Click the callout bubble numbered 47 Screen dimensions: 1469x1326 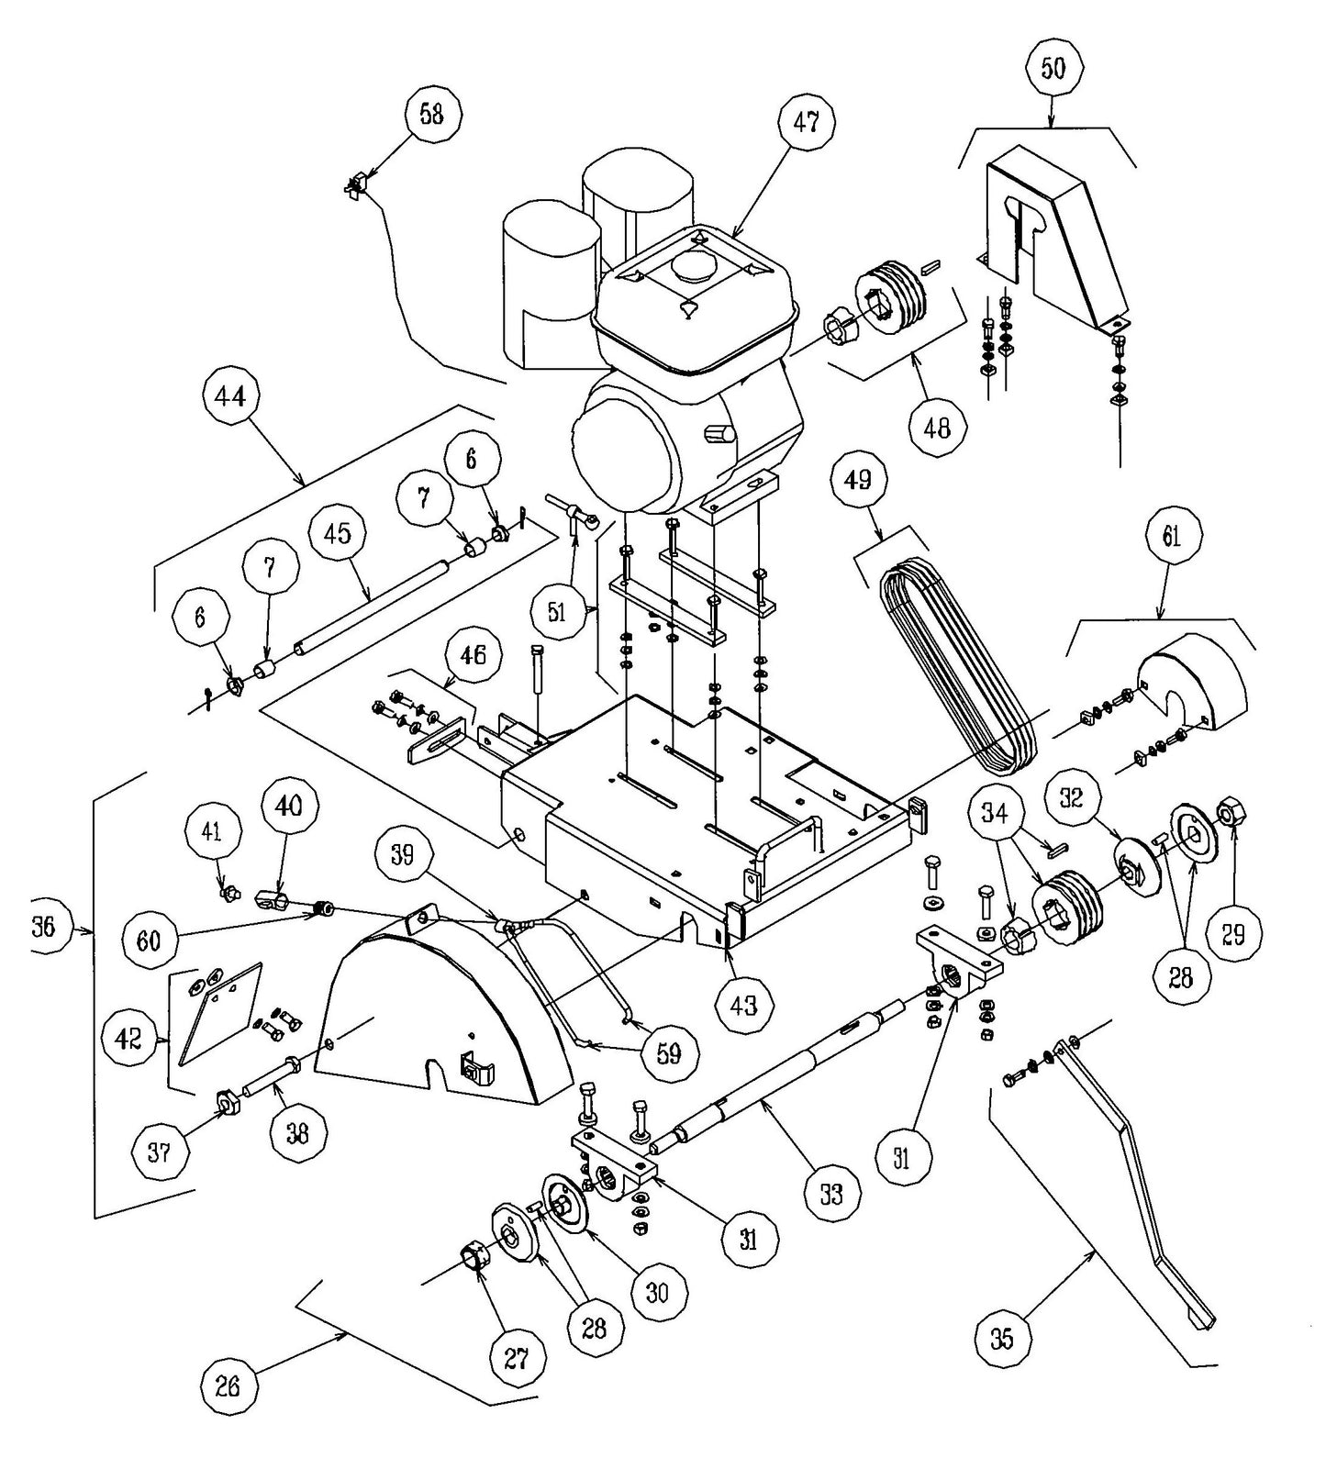coord(806,123)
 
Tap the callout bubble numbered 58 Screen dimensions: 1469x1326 coord(431,114)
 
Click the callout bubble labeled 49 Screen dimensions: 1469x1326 coord(859,480)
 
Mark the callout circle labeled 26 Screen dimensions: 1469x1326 coord(228,1385)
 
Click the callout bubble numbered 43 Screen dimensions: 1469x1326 coord(743,1005)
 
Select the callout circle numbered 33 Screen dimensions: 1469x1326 coord(831,1194)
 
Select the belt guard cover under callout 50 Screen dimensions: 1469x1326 coord(1055,229)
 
